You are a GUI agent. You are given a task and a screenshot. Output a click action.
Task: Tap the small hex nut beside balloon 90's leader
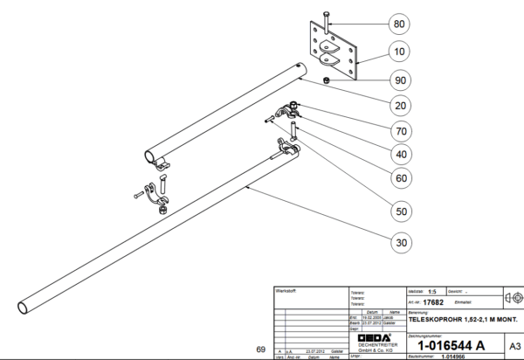coord(325,81)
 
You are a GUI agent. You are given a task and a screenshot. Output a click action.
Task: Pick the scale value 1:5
coord(431,290)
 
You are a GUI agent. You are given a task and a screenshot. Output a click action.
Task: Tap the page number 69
coord(260,350)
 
